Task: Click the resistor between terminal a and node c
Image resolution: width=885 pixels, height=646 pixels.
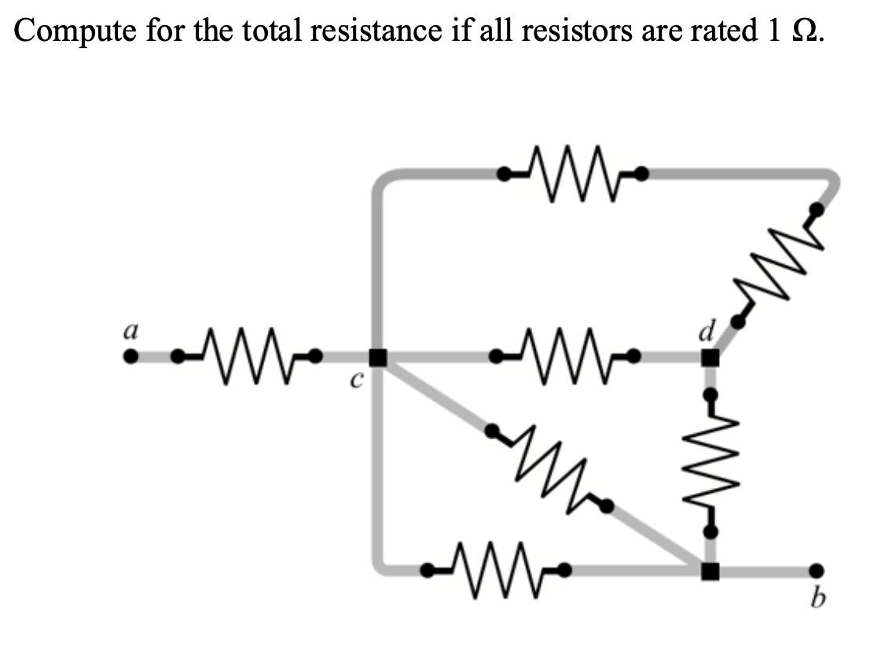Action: pos(247,358)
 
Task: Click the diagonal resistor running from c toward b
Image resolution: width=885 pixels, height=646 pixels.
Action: pos(549,468)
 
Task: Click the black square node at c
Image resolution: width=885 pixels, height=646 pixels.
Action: pos(378,358)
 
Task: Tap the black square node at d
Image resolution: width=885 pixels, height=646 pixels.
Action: pos(710,358)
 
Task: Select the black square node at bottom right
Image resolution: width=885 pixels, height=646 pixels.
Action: pos(710,571)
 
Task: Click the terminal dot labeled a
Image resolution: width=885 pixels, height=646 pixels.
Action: pos(132,358)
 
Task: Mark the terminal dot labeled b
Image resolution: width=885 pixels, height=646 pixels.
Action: pos(817,571)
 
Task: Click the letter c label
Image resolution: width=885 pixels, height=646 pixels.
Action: pos(355,382)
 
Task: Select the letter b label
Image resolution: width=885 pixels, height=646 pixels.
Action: pos(817,601)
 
